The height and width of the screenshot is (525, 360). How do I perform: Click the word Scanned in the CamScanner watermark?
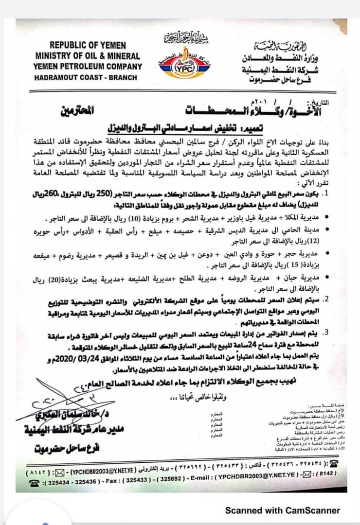coord(242,510)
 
